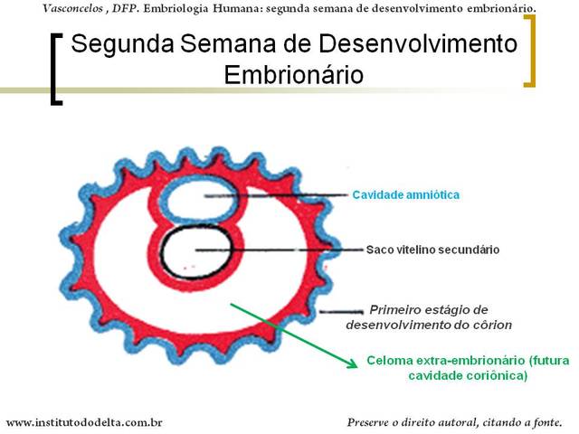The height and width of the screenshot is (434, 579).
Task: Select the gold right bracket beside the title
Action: pos(529,51)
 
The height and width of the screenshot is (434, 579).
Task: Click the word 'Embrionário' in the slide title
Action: pos(293,75)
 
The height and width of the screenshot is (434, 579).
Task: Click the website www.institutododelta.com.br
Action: pos(84,421)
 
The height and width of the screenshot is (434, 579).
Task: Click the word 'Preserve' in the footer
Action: pos(373,421)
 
